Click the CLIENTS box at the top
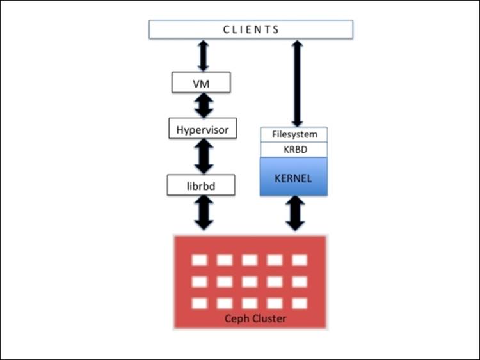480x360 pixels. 251,29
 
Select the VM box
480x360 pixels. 201,82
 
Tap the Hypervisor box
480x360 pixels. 202,129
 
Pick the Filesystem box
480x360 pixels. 294,134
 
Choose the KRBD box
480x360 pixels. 294,150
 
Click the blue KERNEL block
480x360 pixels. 294,177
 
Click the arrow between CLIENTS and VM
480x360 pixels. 203,55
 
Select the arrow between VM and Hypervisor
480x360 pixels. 203,105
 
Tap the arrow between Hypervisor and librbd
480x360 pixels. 203,156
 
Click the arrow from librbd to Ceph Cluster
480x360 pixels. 203,213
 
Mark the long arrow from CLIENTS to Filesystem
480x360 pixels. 297,82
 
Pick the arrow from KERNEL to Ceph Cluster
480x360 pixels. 295,213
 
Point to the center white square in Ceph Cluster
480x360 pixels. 250,281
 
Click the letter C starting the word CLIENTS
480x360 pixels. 227,29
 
